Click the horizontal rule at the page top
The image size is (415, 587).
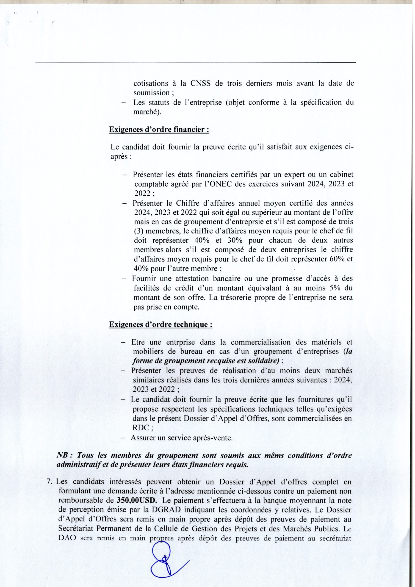[x=195, y=62]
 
